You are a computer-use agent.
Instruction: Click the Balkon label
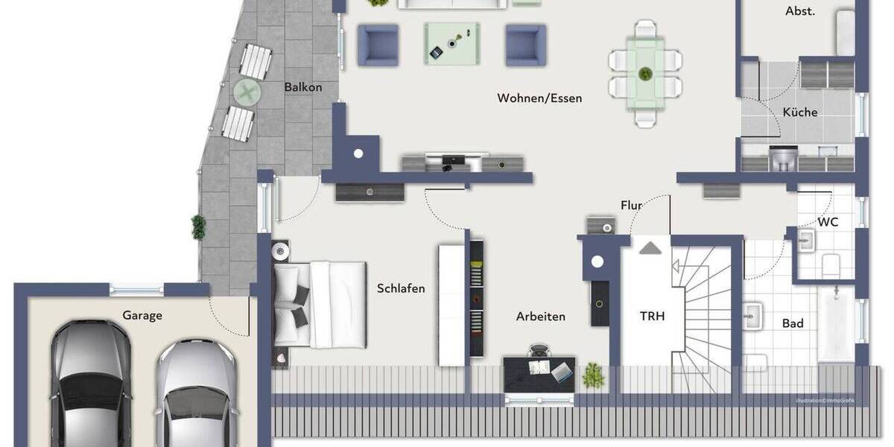click(x=302, y=87)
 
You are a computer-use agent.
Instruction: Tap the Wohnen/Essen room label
click(x=539, y=98)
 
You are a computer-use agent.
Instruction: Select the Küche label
click(x=799, y=112)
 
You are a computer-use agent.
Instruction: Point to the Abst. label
click(x=800, y=11)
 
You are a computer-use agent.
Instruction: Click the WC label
click(x=828, y=222)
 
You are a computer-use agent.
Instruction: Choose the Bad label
click(x=793, y=323)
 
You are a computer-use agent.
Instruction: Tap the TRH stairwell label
click(x=652, y=316)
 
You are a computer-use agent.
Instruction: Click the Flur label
click(x=631, y=205)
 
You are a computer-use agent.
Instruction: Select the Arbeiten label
click(x=540, y=316)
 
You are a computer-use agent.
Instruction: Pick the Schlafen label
click(x=401, y=288)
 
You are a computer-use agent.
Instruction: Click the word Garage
click(x=142, y=315)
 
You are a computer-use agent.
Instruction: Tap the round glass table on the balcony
click(x=246, y=92)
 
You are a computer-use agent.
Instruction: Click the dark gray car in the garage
click(x=90, y=384)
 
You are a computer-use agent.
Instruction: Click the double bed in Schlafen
click(x=320, y=304)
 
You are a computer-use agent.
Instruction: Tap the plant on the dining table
click(x=645, y=74)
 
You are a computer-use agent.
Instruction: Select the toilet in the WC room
click(x=831, y=263)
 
